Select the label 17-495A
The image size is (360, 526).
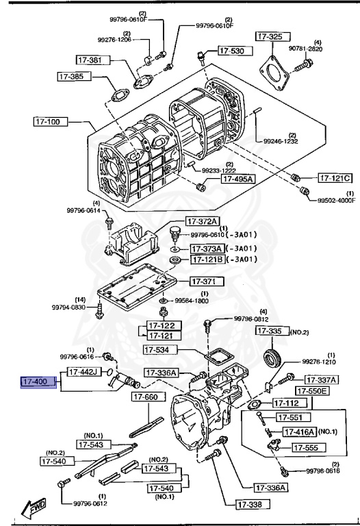pyautogui.click(x=237, y=179)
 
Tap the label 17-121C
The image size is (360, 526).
pyautogui.click(x=335, y=178)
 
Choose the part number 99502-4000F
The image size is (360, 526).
pyautogui.click(x=335, y=201)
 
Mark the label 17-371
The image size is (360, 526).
pyautogui.click(x=203, y=281)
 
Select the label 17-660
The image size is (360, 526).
pyautogui.click(x=146, y=397)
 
